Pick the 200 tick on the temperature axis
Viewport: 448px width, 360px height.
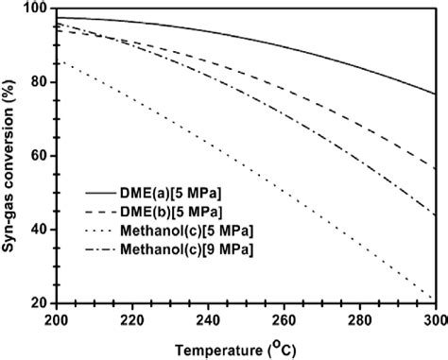pos(57,319)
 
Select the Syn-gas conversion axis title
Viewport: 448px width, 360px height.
pos(10,155)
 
